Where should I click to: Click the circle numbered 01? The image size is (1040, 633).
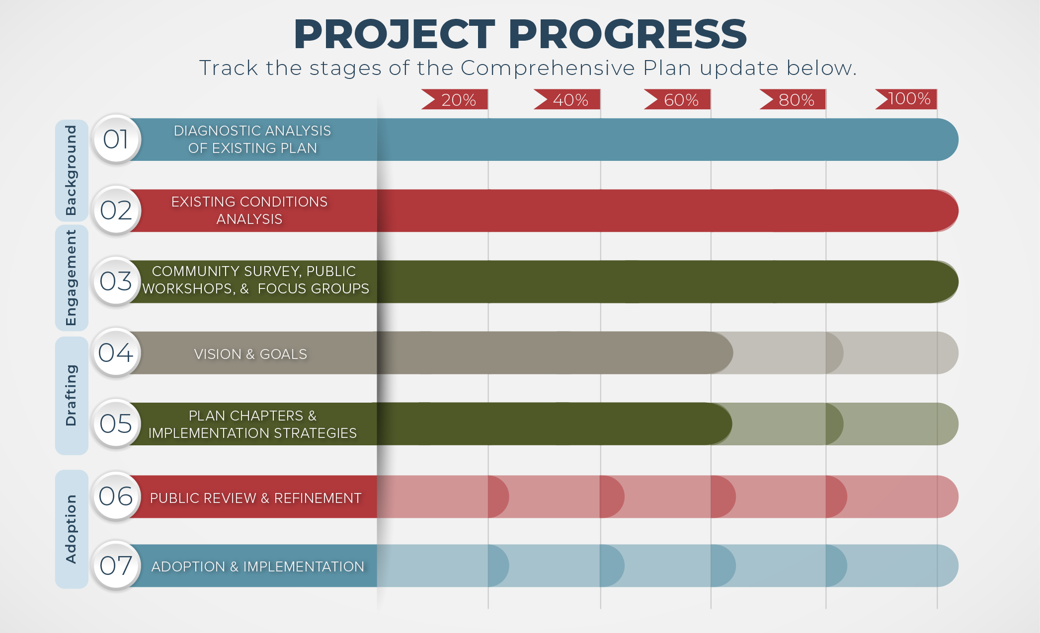(116, 140)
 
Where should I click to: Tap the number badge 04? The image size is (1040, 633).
(116, 353)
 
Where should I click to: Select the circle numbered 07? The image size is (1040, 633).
(116, 566)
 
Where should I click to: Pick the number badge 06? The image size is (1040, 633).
(116, 496)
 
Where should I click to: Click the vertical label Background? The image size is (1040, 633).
(72, 170)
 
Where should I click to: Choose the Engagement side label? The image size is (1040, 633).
(72, 278)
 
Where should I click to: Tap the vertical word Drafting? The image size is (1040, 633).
(72, 395)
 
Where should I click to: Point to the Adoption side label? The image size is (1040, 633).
(72, 529)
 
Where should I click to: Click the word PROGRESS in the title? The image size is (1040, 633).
(627, 34)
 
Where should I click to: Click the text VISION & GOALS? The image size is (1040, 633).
(250, 354)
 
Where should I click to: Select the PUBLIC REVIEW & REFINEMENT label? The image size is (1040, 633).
(255, 498)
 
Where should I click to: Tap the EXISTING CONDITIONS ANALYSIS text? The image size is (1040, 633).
(249, 211)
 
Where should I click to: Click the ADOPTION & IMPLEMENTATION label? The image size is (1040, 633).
(257, 566)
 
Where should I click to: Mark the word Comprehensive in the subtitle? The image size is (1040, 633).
(548, 68)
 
